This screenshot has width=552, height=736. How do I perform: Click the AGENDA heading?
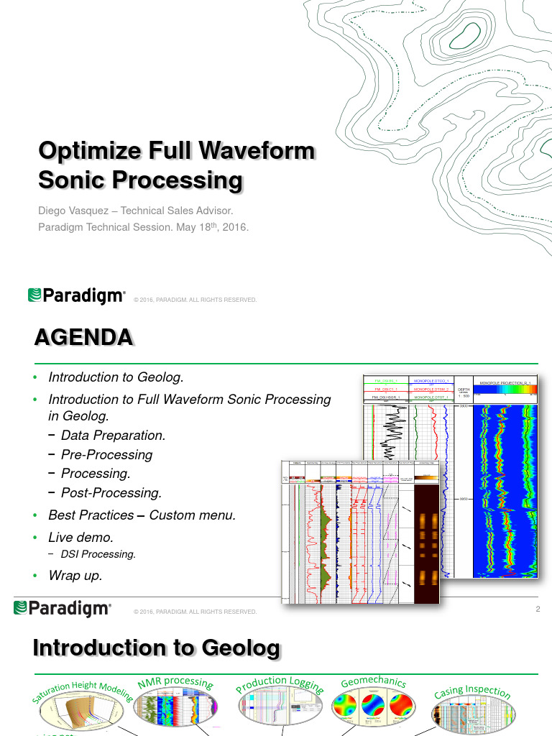(x=84, y=337)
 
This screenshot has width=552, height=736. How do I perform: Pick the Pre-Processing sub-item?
(x=106, y=455)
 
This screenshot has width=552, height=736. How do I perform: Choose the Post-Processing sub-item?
(x=111, y=493)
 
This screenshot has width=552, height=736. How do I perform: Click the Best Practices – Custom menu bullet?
(x=142, y=515)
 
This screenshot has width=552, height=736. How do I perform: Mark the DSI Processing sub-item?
(x=98, y=555)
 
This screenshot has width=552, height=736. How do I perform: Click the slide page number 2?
(x=537, y=610)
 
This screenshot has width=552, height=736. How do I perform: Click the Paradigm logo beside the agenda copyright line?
(x=63, y=609)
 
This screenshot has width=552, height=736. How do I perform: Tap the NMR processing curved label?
(x=175, y=683)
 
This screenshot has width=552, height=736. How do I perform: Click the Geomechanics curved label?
(x=373, y=683)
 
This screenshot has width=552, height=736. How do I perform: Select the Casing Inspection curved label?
(x=472, y=693)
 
